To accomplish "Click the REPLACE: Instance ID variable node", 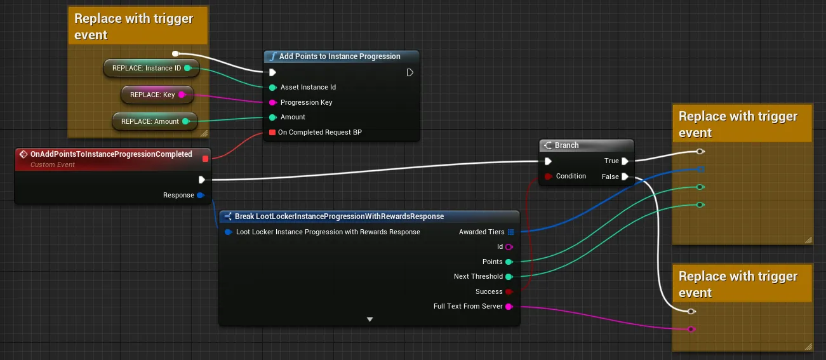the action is (x=151, y=68).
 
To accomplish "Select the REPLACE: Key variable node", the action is (x=157, y=95).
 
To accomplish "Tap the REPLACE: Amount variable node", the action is (x=154, y=121).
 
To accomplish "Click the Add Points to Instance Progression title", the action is (x=340, y=57).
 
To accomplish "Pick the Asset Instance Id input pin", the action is (x=272, y=88).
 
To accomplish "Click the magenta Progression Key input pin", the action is (x=272, y=103).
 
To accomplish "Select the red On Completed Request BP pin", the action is (x=272, y=133).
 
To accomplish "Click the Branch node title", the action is (x=567, y=145).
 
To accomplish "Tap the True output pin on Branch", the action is (x=625, y=161).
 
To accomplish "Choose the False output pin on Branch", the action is (x=625, y=177).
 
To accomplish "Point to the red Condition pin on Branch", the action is (x=549, y=177).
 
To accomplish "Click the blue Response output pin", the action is (x=201, y=195).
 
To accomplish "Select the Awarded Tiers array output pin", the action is (x=510, y=232).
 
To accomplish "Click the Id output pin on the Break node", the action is (x=509, y=247).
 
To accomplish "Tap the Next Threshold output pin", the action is (x=509, y=277).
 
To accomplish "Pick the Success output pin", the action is (x=509, y=292).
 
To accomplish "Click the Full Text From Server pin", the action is (x=509, y=307).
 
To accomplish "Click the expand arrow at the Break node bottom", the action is (x=370, y=319).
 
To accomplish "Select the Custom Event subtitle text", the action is (x=52, y=164).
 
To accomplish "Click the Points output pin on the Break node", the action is (x=509, y=262).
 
